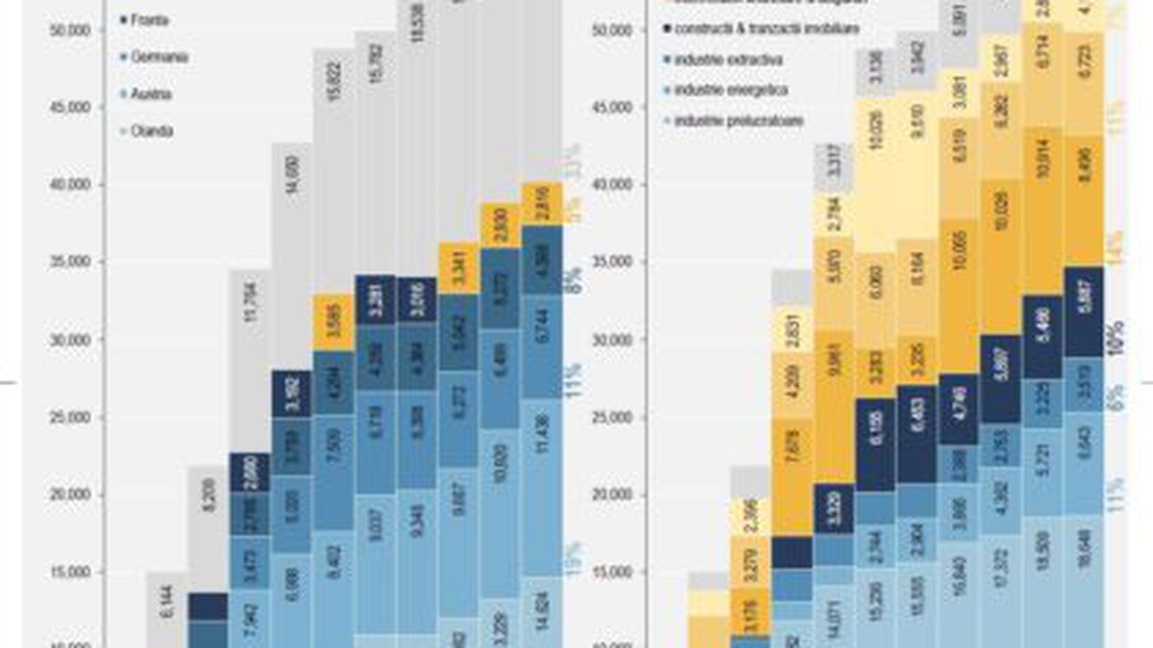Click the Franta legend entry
[x=150, y=20]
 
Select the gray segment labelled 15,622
[x=333, y=108]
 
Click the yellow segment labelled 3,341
[x=459, y=267]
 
